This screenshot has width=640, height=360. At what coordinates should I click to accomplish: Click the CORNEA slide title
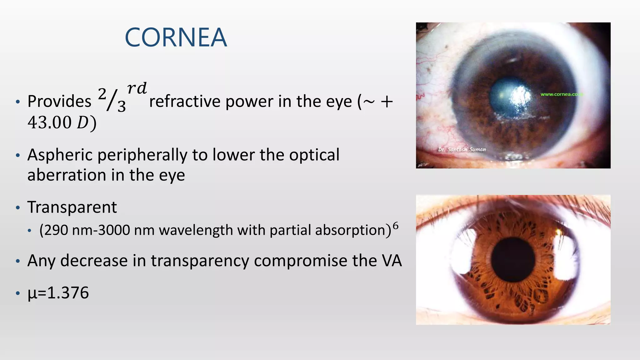pyautogui.click(x=176, y=37)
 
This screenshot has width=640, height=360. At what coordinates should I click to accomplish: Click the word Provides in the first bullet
pyautogui.click(x=59, y=102)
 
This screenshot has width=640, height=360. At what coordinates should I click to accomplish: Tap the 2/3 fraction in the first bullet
pyautogui.click(x=112, y=99)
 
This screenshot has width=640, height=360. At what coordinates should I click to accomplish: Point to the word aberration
pyautogui.click(x=67, y=175)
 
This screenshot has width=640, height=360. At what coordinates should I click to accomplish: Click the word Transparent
pyautogui.click(x=72, y=207)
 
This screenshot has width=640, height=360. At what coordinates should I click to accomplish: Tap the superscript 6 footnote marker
pyautogui.click(x=396, y=226)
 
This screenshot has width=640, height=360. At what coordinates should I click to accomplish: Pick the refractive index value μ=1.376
pyautogui.click(x=58, y=293)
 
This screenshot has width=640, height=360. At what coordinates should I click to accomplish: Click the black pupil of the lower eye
pyautogui.click(x=513, y=259)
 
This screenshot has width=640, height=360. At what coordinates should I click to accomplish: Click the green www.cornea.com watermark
pyautogui.click(x=561, y=94)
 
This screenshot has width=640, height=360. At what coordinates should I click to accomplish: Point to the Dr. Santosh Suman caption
pyautogui.click(x=462, y=150)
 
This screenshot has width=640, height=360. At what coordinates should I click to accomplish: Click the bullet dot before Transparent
pyautogui.click(x=18, y=208)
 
